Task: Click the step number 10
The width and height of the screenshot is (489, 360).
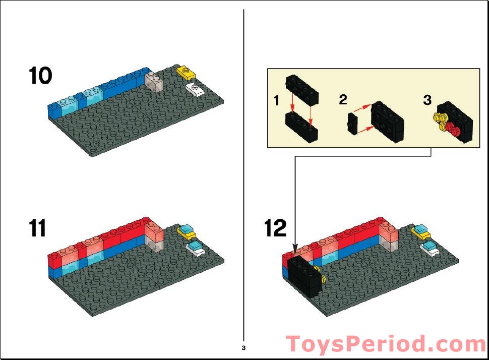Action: (40, 76)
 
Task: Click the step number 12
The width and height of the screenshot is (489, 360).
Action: (276, 228)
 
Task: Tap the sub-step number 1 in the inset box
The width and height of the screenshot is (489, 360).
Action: (276, 101)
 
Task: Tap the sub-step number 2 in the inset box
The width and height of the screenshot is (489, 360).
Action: (343, 99)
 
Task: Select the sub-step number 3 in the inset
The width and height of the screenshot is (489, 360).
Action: (427, 100)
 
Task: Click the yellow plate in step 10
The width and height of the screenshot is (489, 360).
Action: (186, 73)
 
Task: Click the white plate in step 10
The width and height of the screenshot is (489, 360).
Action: (195, 89)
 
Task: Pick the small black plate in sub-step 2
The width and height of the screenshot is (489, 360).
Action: (353, 124)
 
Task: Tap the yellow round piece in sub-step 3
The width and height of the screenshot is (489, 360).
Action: (440, 122)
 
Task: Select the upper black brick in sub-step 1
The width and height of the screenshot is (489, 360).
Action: (302, 89)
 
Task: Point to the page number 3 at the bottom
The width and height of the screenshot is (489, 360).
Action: (243, 348)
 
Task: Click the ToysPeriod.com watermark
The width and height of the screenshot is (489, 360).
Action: (386, 345)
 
